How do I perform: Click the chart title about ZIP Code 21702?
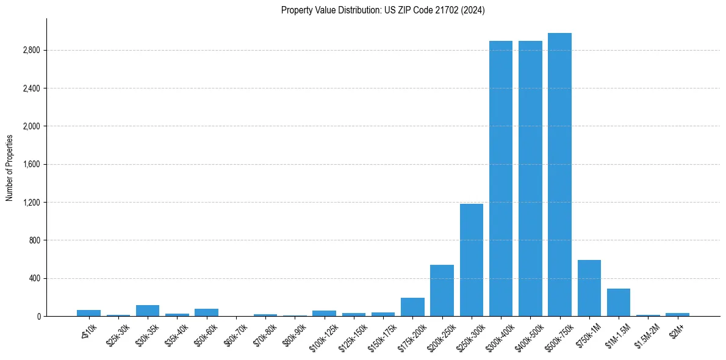pyautogui.click(x=383, y=10)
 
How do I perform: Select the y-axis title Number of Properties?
pyautogui.click(x=10, y=167)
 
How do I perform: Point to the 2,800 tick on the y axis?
pyautogui.click(x=31, y=50)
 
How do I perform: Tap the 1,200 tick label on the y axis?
pyautogui.click(x=31, y=203)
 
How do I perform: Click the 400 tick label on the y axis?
pyautogui.click(x=34, y=278)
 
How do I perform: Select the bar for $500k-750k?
pyautogui.click(x=559, y=175)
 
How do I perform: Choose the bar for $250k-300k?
pyautogui.click(x=471, y=260)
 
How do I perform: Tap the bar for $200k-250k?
pyautogui.click(x=442, y=290)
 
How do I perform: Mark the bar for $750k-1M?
pyautogui.click(x=589, y=288)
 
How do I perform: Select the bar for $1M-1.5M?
pyautogui.click(x=618, y=303)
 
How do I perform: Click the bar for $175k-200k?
pyautogui.click(x=412, y=307)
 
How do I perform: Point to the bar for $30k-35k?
pyautogui.click(x=148, y=311)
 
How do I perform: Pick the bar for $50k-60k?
pyautogui.click(x=206, y=312)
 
